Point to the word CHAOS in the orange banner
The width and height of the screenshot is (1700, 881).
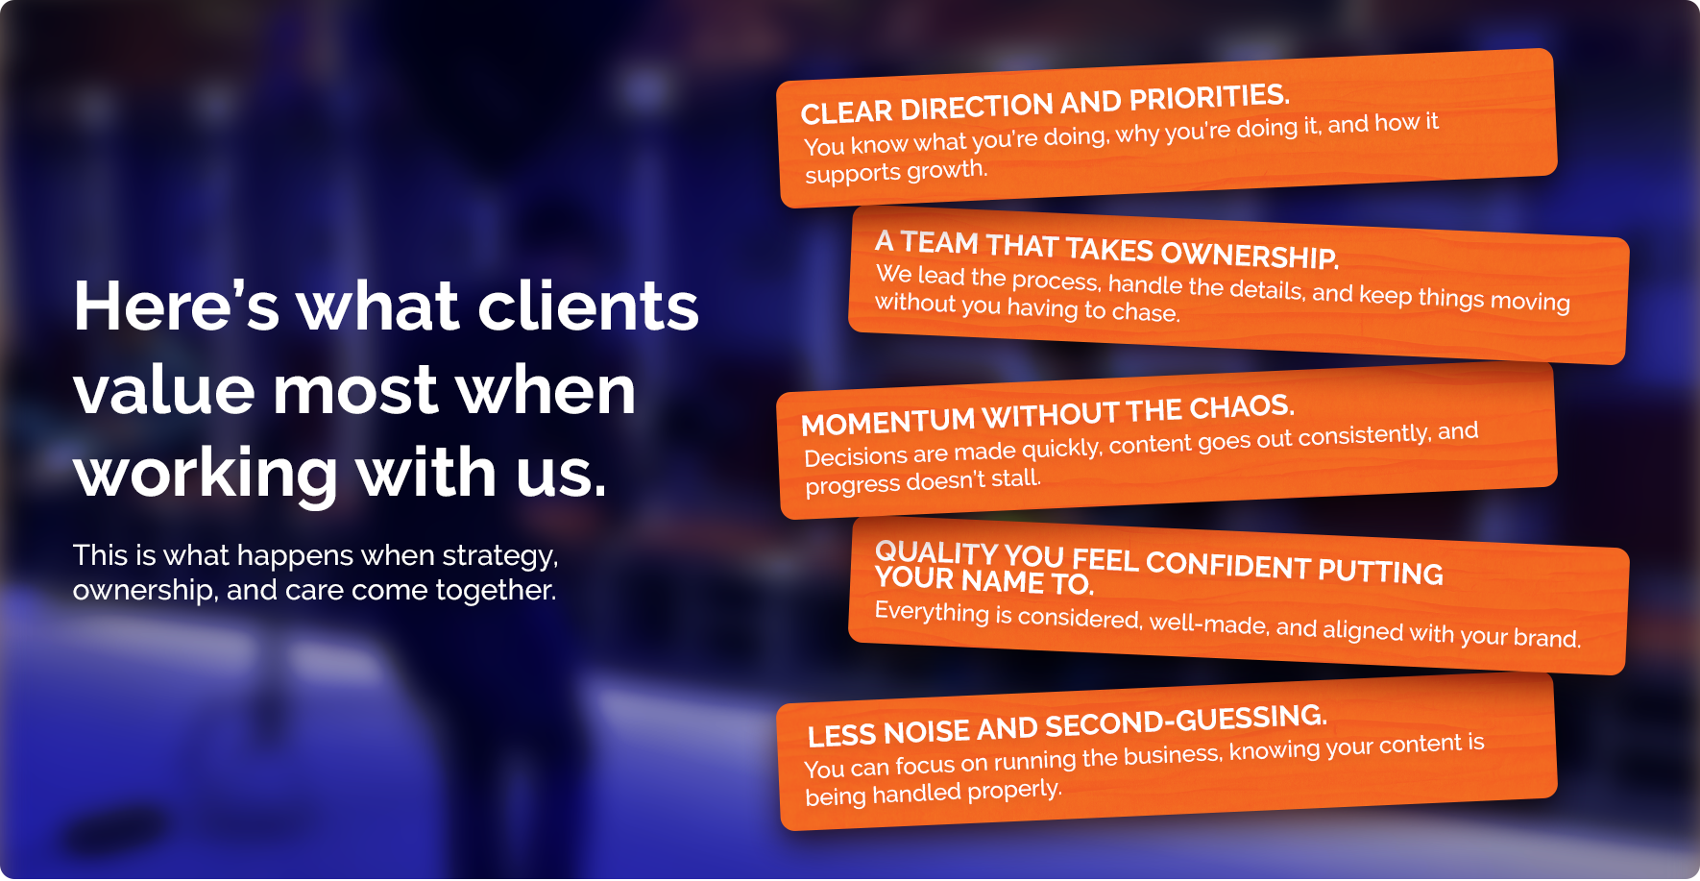(x=1241, y=407)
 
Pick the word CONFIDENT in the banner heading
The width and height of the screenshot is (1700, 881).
(x=1228, y=566)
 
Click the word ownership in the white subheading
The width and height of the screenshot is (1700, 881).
(x=143, y=590)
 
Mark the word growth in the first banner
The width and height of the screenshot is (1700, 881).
(x=947, y=170)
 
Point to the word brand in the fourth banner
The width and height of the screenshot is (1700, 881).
(x=1546, y=638)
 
